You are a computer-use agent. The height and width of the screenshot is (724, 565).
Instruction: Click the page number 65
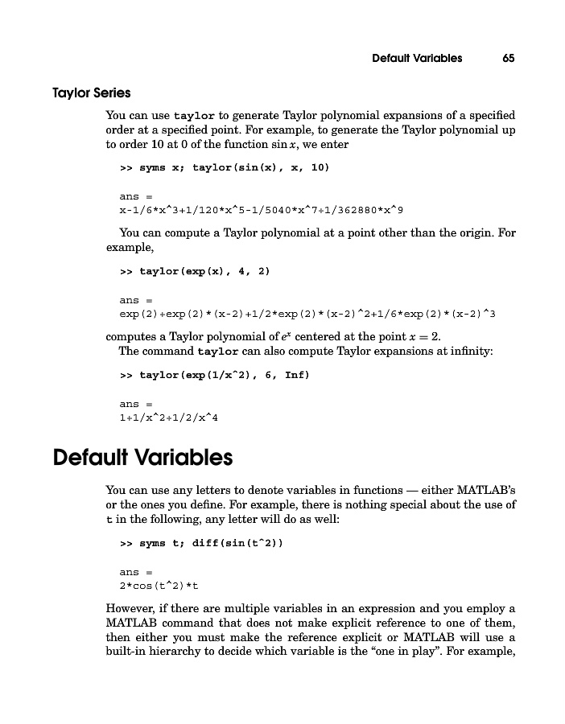[508, 58]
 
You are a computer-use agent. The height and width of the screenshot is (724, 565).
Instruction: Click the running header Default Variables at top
[417, 58]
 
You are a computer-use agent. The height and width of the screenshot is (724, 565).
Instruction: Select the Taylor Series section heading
[92, 93]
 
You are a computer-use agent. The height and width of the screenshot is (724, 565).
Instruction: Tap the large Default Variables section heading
[142, 458]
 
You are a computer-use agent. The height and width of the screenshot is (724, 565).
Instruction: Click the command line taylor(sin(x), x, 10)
[234, 167]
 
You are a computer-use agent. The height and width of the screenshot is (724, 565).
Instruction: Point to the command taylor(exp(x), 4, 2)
[204, 271]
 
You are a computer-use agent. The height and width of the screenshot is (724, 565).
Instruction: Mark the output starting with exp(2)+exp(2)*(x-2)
[307, 314]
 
